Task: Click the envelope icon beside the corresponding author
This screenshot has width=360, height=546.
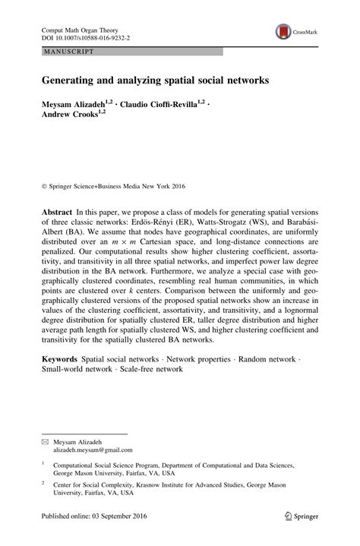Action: point(45,420)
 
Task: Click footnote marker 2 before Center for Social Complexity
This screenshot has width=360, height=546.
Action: point(44,461)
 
